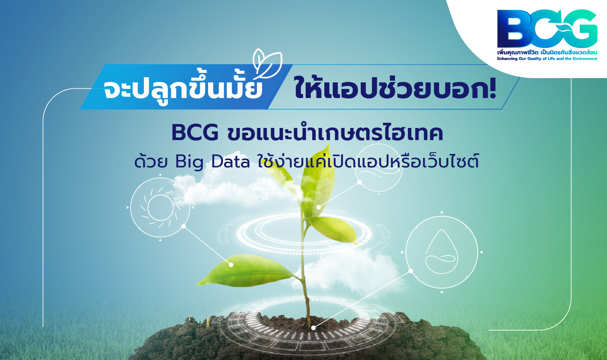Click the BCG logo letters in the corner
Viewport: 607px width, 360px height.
pyautogui.click(x=547, y=29)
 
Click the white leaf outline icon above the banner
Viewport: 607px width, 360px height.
pyautogui.click(x=267, y=64)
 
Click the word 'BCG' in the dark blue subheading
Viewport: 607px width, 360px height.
pyautogui.click(x=195, y=133)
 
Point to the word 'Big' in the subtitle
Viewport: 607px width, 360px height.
pyautogui.click(x=189, y=162)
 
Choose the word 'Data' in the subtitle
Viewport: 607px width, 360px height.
pyautogui.click(x=230, y=162)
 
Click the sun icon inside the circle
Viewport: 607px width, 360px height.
pyautogui.click(x=160, y=207)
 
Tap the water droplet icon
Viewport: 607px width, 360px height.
pyautogui.click(x=442, y=252)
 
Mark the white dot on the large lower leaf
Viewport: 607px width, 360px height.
pyautogui.click(x=231, y=265)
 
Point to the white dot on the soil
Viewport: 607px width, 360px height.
pyautogui.click(x=313, y=328)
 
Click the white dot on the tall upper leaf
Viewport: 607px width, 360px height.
pyautogui.click(x=319, y=207)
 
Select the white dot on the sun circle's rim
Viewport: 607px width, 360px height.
pyautogui.click(x=183, y=226)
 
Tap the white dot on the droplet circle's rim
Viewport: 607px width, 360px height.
pyautogui.click(x=411, y=271)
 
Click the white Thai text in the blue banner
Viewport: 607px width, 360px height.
pyautogui.click(x=183, y=88)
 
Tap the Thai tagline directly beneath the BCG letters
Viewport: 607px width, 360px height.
pyautogui.click(x=547, y=52)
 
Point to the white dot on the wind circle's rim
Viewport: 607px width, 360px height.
pyautogui.click(x=359, y=182)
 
